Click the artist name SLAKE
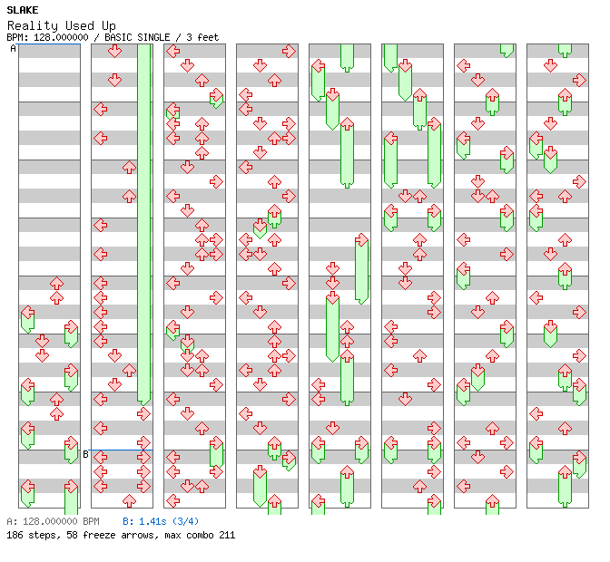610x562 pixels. [x=22, y=10]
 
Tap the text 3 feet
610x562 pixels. [x=203, y=37]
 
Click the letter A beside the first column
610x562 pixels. [x=14, y=49]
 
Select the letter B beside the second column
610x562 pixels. [x=86, y=454]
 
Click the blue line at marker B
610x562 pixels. [x=122, y=450]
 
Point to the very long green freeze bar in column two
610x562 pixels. [x=143, y=227]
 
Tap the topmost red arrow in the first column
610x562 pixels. [x=56, y=284]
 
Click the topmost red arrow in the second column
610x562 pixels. [x=114, y=51]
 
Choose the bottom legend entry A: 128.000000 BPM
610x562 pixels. [x=53, y=522]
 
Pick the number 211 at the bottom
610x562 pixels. [x=226, y=535]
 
